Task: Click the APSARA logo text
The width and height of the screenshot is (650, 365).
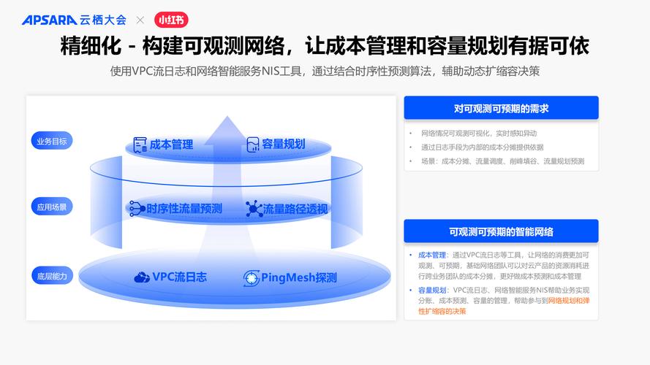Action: [x=48, y=20]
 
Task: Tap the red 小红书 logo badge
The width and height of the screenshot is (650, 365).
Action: [x=170, y=20]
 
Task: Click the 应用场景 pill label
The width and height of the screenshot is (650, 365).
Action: [x=52, y=207]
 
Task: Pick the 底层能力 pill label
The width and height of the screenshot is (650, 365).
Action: [x=52, y=275]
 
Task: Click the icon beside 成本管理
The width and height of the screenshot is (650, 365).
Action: [x=140, y=144]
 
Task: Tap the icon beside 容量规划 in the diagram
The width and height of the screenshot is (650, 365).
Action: [x=252, y=144]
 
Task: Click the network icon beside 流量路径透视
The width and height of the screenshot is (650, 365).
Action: [x=254, y=209]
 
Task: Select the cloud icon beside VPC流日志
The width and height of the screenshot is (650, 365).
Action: [x=142, y=277]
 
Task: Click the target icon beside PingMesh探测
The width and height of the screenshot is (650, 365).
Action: [x=251, y=277]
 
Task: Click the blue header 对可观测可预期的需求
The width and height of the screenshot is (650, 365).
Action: [x=501, y=108]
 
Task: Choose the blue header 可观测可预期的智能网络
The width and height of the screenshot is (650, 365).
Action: [x=501, y=231]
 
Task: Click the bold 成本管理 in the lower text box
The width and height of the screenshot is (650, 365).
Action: [x=432, y=255]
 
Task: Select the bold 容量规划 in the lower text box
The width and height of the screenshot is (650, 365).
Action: [x=432, y=290]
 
